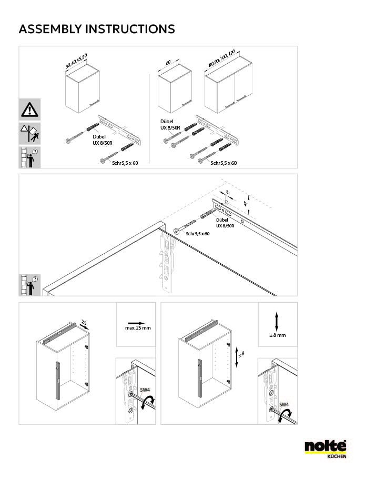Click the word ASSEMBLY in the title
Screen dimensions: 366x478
click(50, 29)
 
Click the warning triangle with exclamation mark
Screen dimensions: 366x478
click(29, 109)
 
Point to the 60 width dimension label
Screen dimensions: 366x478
click(168, 63)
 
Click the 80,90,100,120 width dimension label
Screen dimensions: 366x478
click(222, 58)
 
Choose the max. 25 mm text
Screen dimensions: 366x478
click(138, 328)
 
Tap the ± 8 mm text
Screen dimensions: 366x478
click(278, 335)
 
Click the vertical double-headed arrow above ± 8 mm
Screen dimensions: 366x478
click(277, 321)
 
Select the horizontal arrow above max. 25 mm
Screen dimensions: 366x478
click(136, 323)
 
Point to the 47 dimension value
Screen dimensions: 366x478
click(245, 204)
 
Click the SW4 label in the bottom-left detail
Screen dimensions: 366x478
click(145, 390)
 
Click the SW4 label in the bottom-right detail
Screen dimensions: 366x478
click(284, 404)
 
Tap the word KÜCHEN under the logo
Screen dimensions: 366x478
click(337, 456)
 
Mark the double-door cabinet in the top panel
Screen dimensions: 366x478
click(229, 85)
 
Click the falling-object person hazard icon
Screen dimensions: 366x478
click(29, 133)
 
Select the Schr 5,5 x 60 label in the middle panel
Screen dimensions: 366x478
click(198, 234)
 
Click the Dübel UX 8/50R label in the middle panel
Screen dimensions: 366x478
click(225, 223)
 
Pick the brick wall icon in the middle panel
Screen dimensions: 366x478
click(29, 285)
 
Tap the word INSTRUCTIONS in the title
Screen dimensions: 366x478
click(130, 29)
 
